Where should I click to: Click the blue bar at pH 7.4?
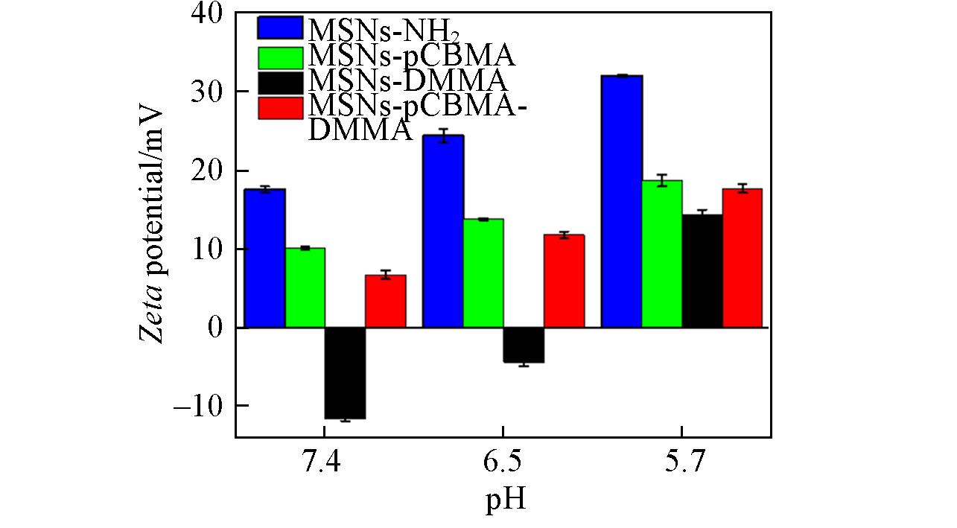264,258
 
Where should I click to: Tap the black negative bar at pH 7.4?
345,373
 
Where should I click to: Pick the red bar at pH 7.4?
385,301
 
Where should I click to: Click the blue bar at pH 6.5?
443,232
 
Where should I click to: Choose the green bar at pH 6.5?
483,273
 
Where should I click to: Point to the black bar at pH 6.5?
524,345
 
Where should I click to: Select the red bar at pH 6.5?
564,281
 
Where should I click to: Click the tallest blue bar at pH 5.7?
622,201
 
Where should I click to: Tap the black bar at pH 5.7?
702,271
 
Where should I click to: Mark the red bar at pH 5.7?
743,258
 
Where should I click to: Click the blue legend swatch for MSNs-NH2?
280,28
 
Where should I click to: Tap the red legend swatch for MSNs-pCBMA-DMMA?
280,107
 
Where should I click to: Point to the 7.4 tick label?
322,464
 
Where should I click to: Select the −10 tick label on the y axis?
202,406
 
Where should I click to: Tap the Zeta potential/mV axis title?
153,223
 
